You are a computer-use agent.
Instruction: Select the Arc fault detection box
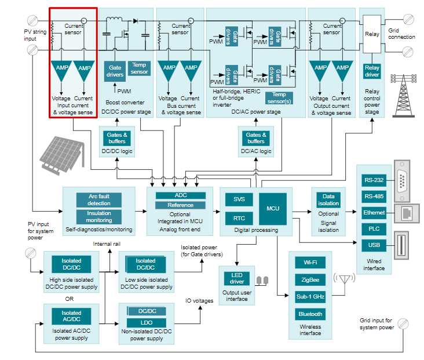coord(99,200)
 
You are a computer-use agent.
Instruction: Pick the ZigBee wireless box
coord(310,279)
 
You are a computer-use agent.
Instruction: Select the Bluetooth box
coord(310,314)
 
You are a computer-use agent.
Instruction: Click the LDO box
coord(147,323)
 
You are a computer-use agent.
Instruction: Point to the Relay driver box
coord(372,71)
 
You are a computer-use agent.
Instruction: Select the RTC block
coord(239,219)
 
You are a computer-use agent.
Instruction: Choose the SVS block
coord(239,199)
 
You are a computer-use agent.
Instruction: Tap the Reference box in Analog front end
coord(181,205)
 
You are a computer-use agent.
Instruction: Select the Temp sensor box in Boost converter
coord(139,68)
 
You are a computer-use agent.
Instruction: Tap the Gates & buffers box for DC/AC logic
coord(255,138)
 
